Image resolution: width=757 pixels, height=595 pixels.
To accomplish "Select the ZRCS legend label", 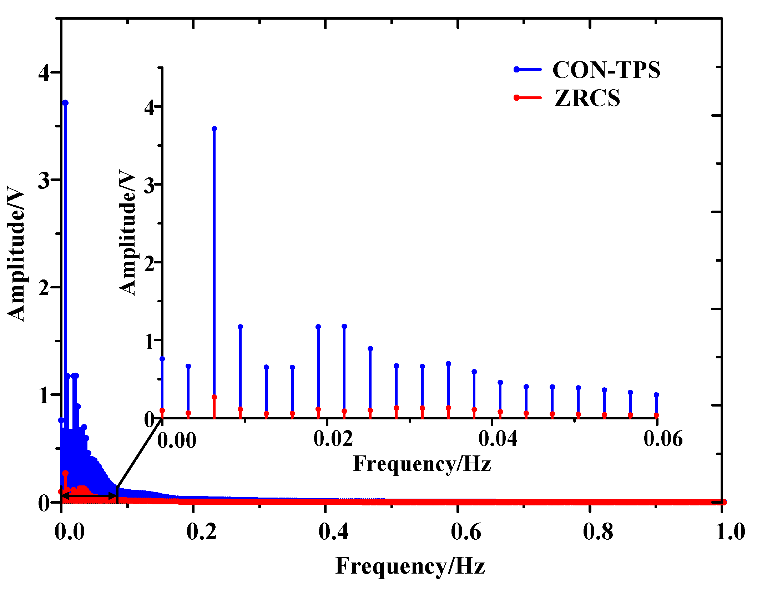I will [x=587, y=98].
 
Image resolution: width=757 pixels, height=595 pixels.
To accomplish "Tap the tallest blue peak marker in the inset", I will [x=214, y=129].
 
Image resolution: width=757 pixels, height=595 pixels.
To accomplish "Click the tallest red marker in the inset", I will [x=214, y=397].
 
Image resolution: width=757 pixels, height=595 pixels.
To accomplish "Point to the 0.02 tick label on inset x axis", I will [x=333, y=438].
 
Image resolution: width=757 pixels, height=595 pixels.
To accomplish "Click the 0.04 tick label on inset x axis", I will [x=498, y=438].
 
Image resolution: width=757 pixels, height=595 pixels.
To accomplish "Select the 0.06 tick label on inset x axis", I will [x=663, y=438].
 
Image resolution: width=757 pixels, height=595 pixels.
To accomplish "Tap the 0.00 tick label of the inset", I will [x=177, y=440].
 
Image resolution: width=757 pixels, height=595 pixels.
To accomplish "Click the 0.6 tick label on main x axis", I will [x=466, y=531].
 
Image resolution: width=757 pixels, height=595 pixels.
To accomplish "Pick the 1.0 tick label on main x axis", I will [x=730, y=531].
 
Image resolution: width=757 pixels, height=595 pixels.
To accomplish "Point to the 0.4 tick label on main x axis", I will [x=333, y=531].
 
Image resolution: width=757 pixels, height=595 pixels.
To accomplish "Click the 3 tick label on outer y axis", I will [x=44, y=181].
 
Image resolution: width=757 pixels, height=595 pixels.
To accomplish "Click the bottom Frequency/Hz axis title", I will [x=410, y=566].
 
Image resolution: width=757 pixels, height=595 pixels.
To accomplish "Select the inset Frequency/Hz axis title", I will [x=422, y=464].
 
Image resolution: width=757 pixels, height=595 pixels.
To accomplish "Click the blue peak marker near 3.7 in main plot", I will [x=65, y=103].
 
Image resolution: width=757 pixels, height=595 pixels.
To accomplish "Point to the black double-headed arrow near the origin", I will [x=89, y=496].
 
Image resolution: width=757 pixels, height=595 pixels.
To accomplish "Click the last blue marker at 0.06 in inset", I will [x=656, y=395].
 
